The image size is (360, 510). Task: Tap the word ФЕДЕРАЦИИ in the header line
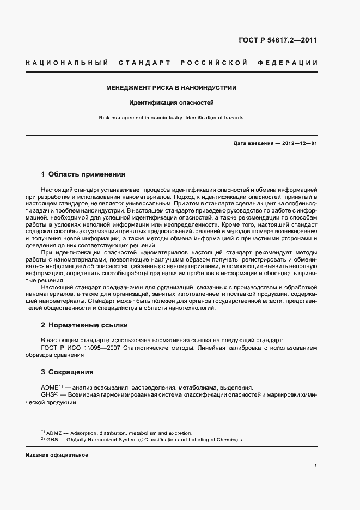[291, 63]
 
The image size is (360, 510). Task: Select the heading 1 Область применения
[83, 175]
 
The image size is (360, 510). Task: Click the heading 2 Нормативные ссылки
[84, 325]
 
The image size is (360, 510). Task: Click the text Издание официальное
[57, 455]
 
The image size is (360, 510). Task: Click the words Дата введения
[253, 143]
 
